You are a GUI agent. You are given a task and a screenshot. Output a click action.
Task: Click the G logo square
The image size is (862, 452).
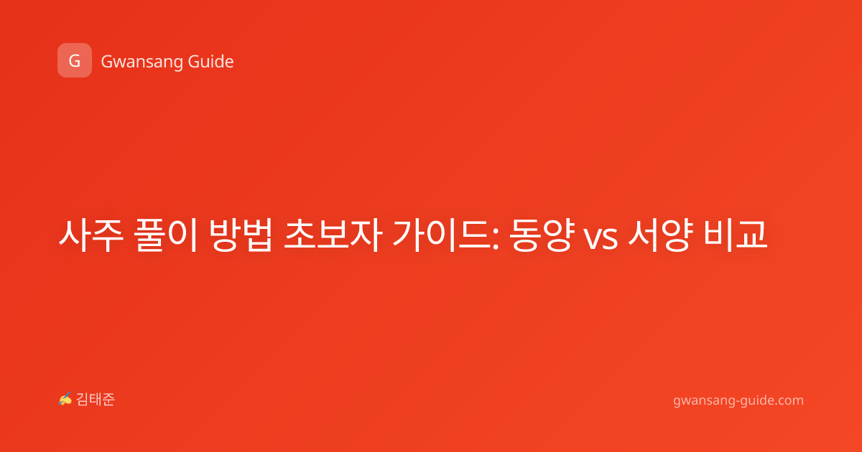[75, 60]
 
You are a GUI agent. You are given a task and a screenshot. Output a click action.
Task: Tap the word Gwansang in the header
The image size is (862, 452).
[142, 62]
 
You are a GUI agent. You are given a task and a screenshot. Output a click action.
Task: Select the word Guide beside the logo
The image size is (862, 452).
[211, 61]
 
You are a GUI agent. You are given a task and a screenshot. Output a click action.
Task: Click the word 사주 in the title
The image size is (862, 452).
[91, 235]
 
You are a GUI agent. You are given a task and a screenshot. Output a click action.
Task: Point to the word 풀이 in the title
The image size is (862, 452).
[166, 235]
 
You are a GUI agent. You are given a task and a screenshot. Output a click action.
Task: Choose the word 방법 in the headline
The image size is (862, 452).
[241, 235]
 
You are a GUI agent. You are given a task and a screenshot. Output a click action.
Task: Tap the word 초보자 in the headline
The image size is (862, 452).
[333, 235]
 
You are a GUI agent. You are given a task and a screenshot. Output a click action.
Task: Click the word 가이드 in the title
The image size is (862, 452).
[442, 235]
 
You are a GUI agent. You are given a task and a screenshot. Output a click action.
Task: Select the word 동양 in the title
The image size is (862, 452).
[542, 235]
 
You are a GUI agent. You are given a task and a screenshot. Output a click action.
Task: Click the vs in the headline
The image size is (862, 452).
[601, 239]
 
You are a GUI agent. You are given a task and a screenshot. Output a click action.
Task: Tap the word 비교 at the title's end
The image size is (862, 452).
[736, 235]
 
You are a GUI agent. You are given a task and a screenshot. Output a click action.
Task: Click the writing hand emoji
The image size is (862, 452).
[65, 399]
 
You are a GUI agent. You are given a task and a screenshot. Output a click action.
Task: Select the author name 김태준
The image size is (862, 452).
[95, 400]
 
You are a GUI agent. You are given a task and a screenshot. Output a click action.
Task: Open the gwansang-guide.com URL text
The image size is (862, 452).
[738, 400]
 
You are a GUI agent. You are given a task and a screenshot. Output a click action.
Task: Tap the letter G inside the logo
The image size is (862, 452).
[75, 61]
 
